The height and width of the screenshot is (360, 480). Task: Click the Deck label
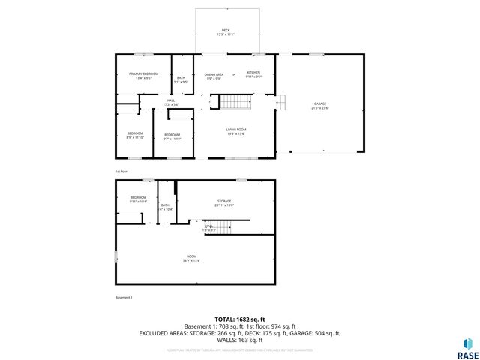coord(225,31)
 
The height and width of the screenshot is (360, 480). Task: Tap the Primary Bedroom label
coord(143,75)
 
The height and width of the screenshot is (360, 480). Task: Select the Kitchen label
coord(254,74)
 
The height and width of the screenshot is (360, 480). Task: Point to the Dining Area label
coord(214,76)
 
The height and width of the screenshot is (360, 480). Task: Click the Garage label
coord(320,106)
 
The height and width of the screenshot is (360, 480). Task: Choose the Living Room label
coord(236,131)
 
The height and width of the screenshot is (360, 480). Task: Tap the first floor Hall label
coord(171,102)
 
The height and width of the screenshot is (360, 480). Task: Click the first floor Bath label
coord(181,79)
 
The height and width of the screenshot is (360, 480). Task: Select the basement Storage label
coord(225,203)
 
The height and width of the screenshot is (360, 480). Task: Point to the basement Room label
coord(192,259)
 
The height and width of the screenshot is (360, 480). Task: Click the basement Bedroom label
coord(137,199)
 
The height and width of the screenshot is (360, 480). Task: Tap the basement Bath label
coord(165,207)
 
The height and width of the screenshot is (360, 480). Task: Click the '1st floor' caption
coord(121,172)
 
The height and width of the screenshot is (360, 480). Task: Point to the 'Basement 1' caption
coord(124,298)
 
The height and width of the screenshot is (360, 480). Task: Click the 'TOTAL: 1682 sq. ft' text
coord(239,319)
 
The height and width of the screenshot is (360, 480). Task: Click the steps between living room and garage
coord(282,103)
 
